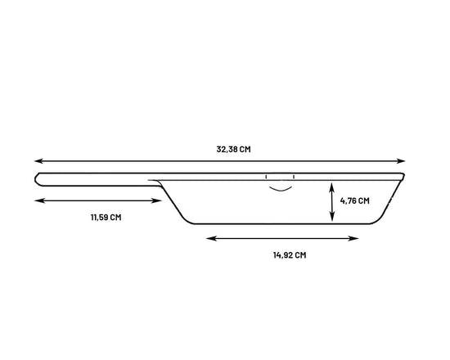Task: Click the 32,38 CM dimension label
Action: point(233,149)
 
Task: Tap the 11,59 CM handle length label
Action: point(106,218)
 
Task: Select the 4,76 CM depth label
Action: point(355,200)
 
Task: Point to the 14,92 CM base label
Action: point(290,255)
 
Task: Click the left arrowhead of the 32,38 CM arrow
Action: point(38,161)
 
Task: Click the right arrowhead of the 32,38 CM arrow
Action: point(401,161)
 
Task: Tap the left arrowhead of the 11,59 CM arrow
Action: point(38,200)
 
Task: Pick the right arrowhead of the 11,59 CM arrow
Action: point(158,200)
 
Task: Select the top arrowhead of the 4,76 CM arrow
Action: point(332,187)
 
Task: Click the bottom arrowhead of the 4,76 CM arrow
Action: point(332,217)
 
